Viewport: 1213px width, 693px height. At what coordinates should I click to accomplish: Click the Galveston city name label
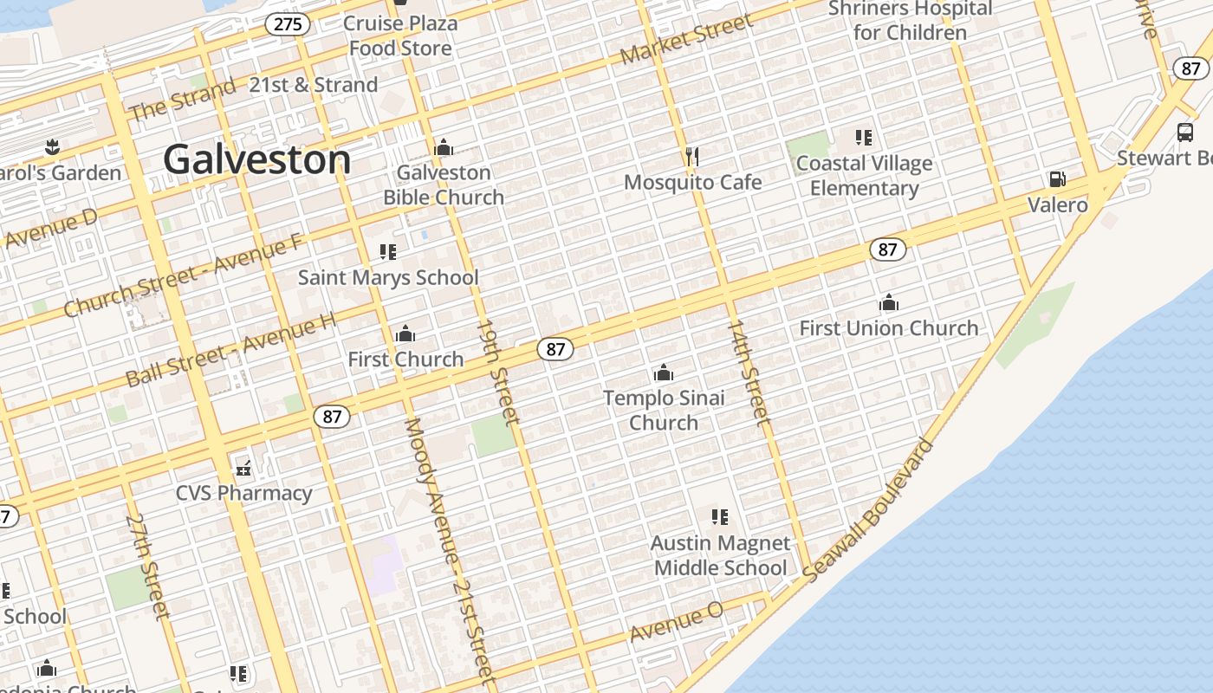[x=257, y=160]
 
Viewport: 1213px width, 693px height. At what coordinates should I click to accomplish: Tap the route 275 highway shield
[x=288, y=23]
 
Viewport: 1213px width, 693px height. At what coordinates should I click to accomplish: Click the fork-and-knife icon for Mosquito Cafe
[x=691, y=156]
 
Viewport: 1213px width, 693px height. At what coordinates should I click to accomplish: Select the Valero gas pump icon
[x=1057, y=179]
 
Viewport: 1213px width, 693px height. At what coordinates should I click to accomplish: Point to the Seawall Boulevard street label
[x=869, y=511]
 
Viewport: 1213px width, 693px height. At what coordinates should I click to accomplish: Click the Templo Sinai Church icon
[x=664, y=373]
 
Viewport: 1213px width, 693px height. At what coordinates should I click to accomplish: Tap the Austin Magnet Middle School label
[x=720, y=555]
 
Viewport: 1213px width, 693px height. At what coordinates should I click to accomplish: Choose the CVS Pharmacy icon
[x=244, y=468]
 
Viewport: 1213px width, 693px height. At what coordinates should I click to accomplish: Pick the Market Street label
[x=687, y=40]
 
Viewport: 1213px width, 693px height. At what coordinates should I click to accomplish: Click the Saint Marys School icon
[x=388, y=252]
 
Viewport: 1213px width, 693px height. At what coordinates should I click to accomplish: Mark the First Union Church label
[x=888, y=328]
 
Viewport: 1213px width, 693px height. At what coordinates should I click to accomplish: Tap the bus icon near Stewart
[x=1185, y=133]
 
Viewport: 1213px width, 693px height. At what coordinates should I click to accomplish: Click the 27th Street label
[x=147, y=567]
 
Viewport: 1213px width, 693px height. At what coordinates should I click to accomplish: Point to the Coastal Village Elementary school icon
[x=863, y=138]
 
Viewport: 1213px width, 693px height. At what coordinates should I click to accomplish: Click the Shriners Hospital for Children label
[x=910, y=21]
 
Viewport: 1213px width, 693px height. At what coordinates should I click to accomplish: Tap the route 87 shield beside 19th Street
[x=555, y=349]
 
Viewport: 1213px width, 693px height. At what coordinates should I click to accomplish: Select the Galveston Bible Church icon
[x=444, y=148]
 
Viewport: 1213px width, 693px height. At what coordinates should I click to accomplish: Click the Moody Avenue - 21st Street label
[x=448, y=550]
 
